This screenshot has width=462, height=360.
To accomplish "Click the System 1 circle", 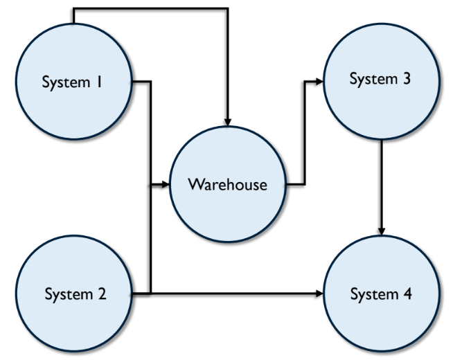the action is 74,81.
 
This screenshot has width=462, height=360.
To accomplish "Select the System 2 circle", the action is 74,294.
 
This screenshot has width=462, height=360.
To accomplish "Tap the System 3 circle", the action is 382,81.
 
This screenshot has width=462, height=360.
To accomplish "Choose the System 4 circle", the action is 382,294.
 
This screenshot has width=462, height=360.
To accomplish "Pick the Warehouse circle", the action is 228,184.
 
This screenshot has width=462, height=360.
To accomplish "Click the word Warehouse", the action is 228,184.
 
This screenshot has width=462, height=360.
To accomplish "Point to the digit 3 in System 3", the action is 407,78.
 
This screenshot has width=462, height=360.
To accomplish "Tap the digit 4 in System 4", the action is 407,294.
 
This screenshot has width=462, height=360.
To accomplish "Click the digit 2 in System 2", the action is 102,294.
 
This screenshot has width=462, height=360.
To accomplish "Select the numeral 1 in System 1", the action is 99,82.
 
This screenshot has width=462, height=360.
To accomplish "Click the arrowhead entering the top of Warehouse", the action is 228,123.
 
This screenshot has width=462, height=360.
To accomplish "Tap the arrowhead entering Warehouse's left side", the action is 166,185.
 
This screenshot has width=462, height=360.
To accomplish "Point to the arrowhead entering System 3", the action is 319,81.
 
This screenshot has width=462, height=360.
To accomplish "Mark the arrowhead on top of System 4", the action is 382,231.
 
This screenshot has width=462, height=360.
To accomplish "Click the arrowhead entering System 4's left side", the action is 319,294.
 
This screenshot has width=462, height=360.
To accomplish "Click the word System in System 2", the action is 69,294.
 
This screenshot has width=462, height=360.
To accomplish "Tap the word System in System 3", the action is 373,79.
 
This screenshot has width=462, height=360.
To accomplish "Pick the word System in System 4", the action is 374,294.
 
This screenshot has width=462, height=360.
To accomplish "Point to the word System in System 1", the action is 66,82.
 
